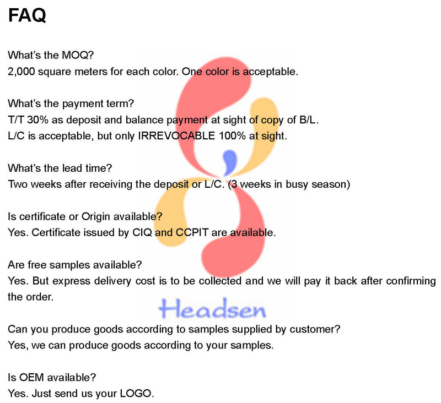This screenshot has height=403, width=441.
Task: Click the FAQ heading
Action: (27, 15)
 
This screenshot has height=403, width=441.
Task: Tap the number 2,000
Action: (21, 72)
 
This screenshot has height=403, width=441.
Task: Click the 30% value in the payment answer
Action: (38, 120)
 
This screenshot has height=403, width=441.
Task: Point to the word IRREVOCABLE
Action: (176, 136)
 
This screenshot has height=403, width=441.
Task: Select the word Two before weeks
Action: (18, 184)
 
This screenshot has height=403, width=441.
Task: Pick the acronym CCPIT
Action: (192, 232)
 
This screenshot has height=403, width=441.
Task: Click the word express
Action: (73, 281)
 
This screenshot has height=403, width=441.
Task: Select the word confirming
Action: (411, 281)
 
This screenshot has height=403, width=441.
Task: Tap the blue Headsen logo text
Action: (212, 308)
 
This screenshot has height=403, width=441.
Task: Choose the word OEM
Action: (31, 378)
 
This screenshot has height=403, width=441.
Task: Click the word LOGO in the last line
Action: (136, 394)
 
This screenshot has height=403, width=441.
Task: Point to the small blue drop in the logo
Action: (229, 162)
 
